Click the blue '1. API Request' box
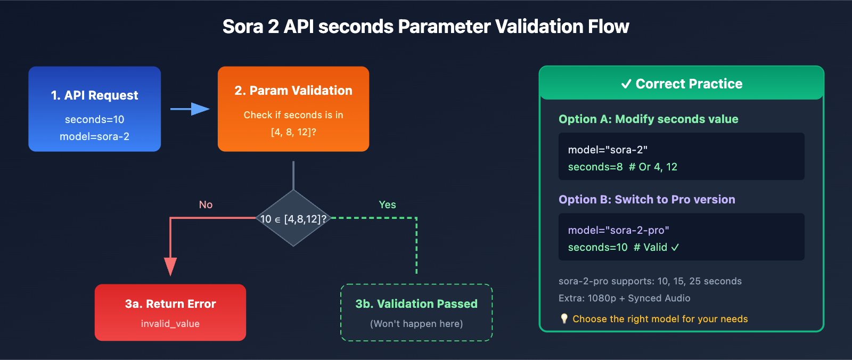pyautogui.click(x=94, y=109)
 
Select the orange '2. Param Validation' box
pyautogui.click(x=293, y=109)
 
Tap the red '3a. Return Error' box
pyautogui.click(x=170, y=312)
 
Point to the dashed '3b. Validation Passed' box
pyautogui.click(x=416, y=312)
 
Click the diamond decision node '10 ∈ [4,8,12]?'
pyautogui.click(x=293, y=218)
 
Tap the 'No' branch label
pyautogui.click(x=206, y=204)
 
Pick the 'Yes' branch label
pyautogui.click(x=387, y=204)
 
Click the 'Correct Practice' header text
pyautogui.click(x=689, y=84)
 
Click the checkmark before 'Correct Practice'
pyautogui.click(x=626, y=84)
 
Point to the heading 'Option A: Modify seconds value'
pyautogui.click(x=648, y=119)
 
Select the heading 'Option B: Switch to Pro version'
pyautogui.click(x=646, y=199)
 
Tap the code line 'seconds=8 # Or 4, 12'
pyautogui.click(x=622, y=167)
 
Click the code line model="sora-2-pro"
pyautogui.click(x=618, y=230)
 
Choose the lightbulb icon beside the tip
pyautogui.click(x=564, y=318)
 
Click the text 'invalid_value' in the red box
pyautogui.click(x=170, y=323)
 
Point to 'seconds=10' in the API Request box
pyautogui.click(x=94, y=119)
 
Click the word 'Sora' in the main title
pyautogui.click(x=243, y=27)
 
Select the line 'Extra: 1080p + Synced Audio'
pyautogui.click(x=624, y=298)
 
